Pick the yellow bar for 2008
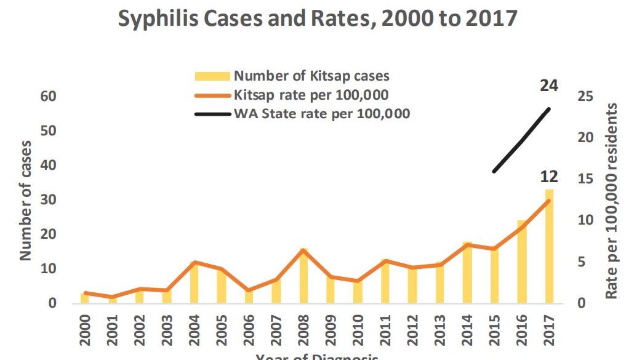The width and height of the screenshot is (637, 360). [x=304, y=280]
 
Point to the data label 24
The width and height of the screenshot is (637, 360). [x=549, y=86]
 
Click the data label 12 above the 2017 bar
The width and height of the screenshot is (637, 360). [x=549, y=177]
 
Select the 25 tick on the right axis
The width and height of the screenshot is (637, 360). [x=586, y=97]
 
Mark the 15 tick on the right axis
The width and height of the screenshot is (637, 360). [x=586, y=179]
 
